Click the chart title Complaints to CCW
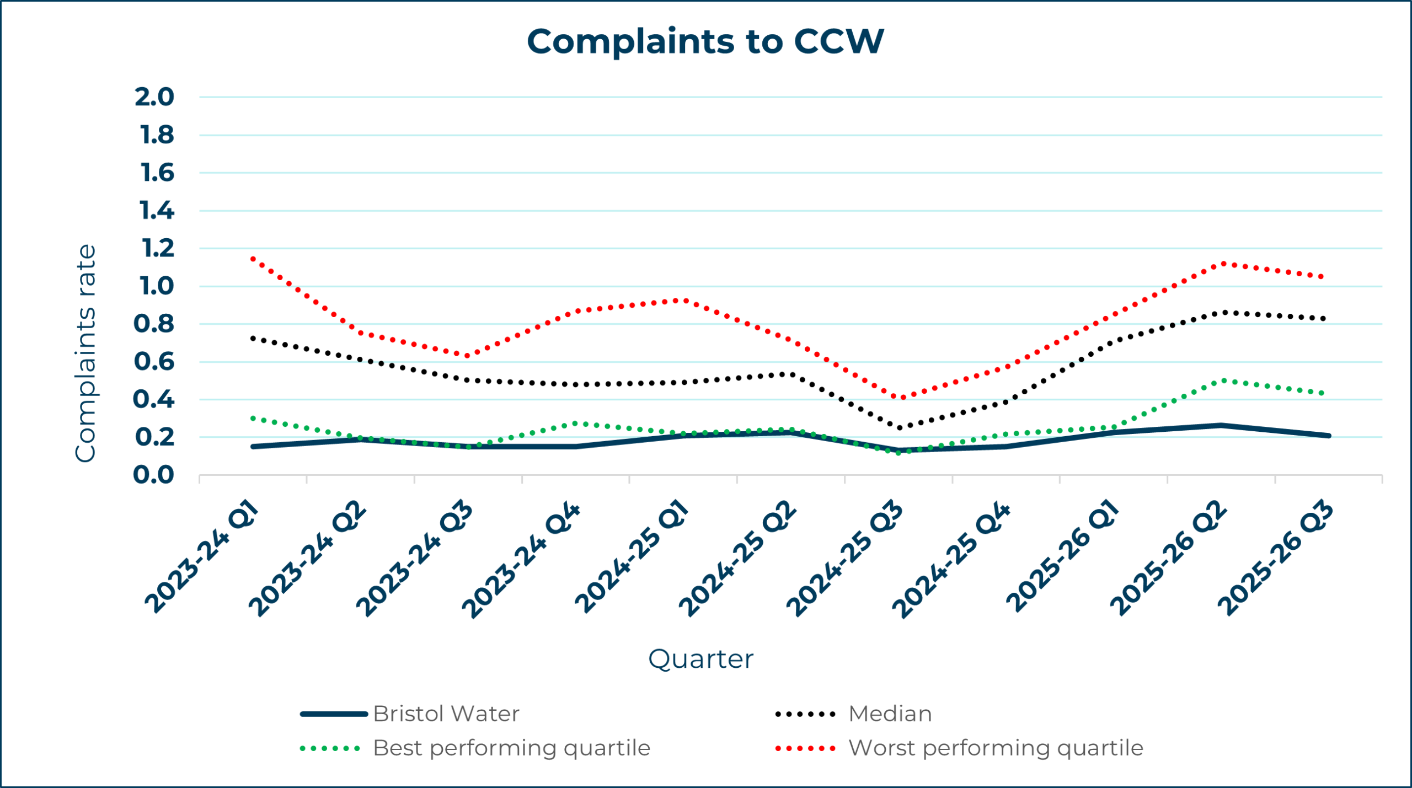[x=705, y=42]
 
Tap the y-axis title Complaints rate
[x=85, y=353]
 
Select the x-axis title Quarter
[x=700, y=659]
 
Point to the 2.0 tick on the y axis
[x=154, y=97]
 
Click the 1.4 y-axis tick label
[x=157, y=211]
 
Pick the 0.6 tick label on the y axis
[x=154, y=362]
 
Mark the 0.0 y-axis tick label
[x=154, y=475]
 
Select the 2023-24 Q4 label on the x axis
[x=521, y=560]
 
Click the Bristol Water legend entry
[x=446, y=714]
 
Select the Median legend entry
[x=890, y=714]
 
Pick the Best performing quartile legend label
[x=511, y=748]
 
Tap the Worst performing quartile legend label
[x=996, y=748]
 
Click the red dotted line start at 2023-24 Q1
[x=253, y=258]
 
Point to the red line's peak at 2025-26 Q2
[x=1223, y=264]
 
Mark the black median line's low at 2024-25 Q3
[x=900, y=427]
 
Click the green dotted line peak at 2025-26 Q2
[x=1223, y=380]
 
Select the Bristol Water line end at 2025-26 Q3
[x=1328, y=436]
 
